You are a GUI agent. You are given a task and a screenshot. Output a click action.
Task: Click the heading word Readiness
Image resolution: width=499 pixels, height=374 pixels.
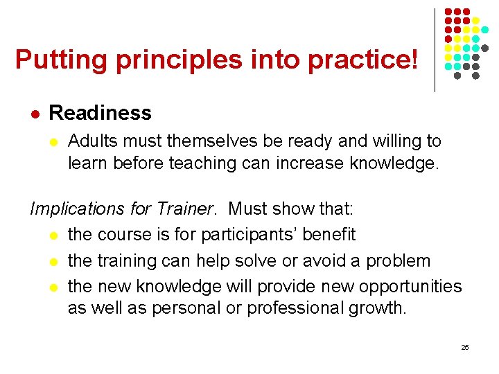(x=100, y=112)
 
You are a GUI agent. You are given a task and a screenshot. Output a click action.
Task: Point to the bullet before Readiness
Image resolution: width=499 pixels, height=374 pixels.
(x=35, y=113)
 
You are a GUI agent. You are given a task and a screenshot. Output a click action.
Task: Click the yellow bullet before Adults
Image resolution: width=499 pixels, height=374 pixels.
(x=54, y=142)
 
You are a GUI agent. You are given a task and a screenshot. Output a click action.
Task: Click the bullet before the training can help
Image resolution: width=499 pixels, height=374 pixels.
(x=54, y=262)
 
